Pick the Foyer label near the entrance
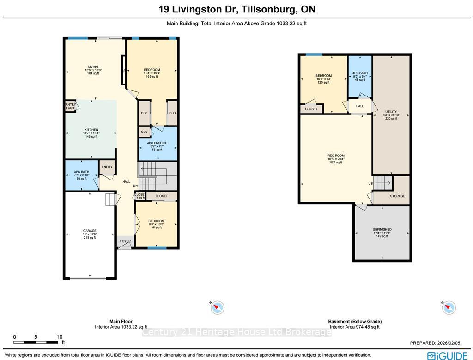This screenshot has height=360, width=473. [125, 241]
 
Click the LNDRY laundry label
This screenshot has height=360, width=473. [107, 167]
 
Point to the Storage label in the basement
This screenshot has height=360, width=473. [397, 196]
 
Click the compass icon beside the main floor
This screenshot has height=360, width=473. [218, 307]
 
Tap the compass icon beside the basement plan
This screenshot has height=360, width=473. [448, 307]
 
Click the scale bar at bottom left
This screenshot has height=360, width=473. [37, 342]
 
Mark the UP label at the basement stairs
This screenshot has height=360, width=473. [370, 184]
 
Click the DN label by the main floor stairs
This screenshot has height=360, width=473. [135, 186]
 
